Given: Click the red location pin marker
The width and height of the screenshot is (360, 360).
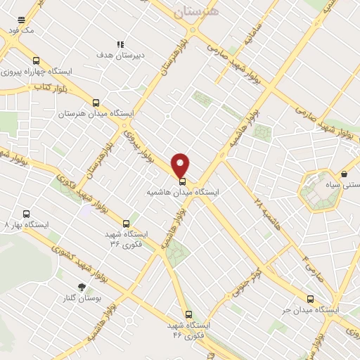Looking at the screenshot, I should (x=181, y=165).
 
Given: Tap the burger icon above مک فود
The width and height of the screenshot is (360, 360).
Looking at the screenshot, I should (x=22, y=20).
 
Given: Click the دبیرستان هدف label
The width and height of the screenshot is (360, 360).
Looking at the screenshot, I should (x=120, y=54).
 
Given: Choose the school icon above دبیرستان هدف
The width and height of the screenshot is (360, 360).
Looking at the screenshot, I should (x=120, y=44).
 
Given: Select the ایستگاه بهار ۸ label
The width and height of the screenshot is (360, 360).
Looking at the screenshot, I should (x=27, y=225).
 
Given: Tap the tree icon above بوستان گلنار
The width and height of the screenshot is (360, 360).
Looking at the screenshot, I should (x=82, y=287).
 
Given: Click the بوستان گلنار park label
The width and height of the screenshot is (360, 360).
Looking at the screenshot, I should (x=88, y=298).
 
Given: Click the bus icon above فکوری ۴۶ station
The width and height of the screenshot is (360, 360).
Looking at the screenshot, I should (x=188, y=314).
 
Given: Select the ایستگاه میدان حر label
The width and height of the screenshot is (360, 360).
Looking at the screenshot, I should (x=311, y=309).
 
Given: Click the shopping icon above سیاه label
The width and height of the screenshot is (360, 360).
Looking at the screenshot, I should (x=345, y=174).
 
